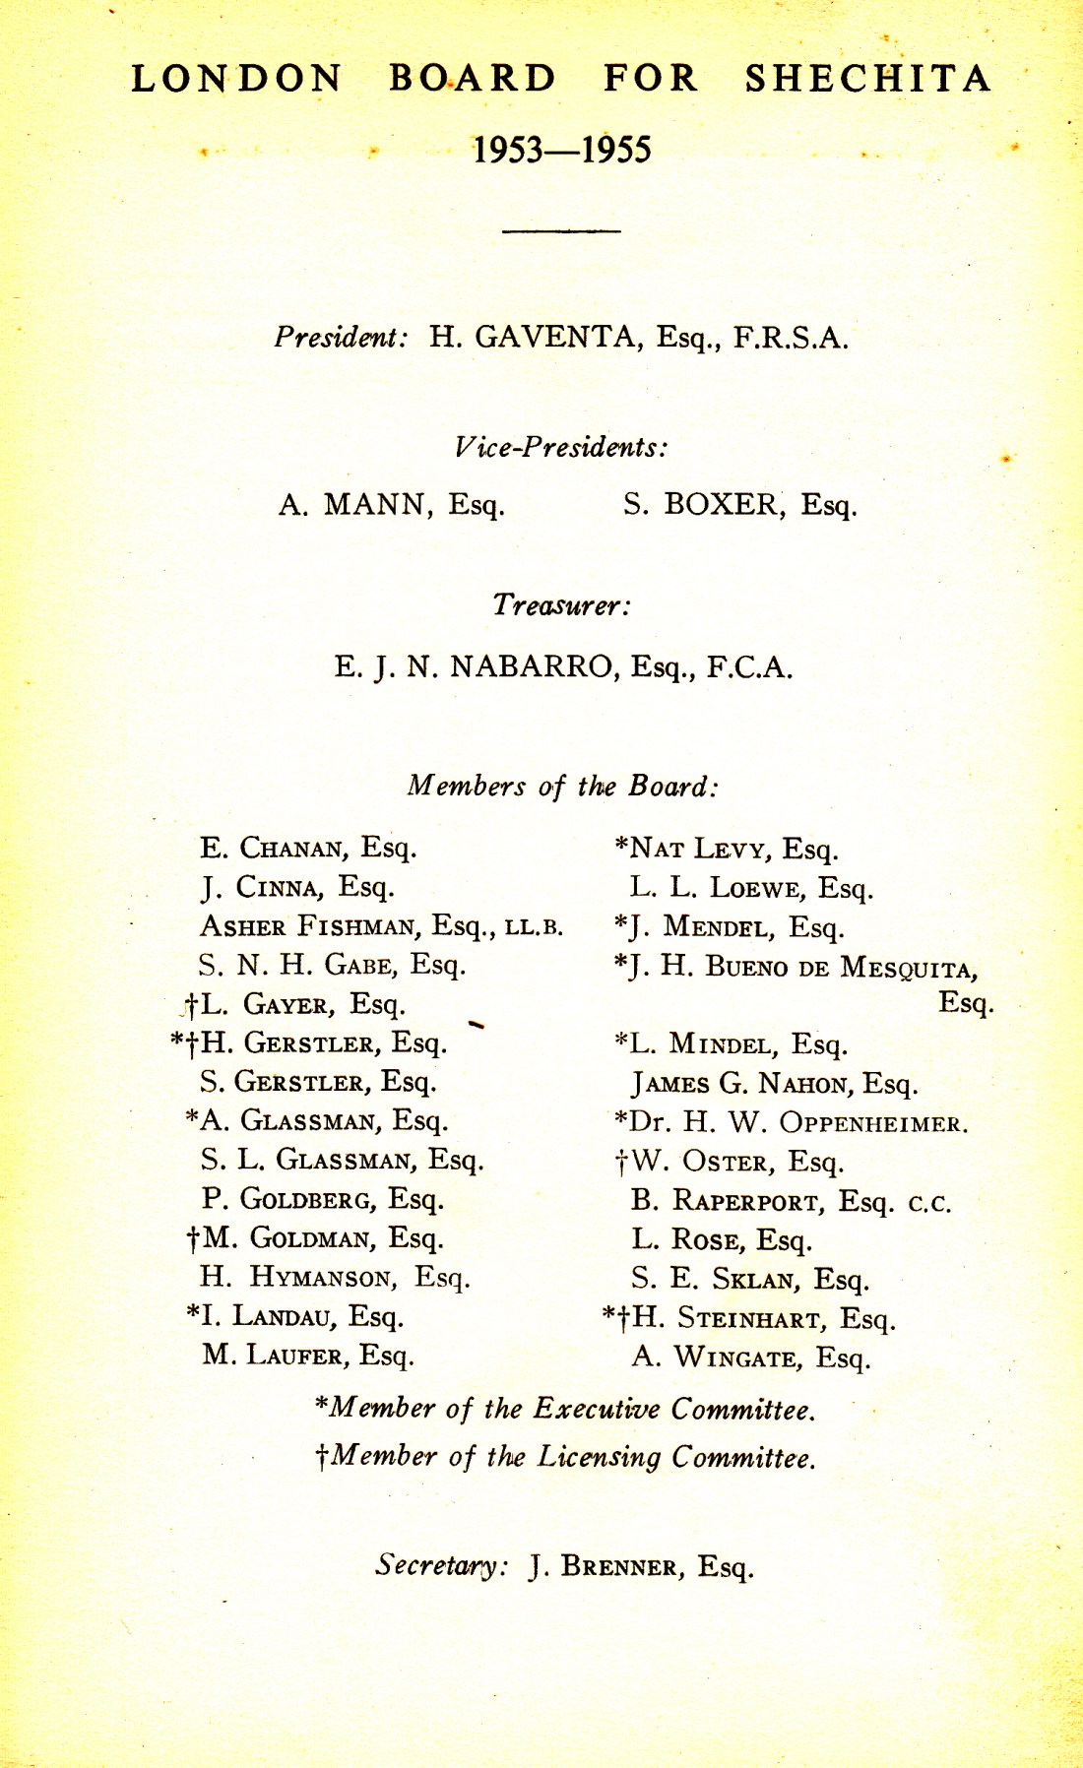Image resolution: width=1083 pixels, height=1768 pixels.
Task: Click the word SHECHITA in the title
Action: (867, 79)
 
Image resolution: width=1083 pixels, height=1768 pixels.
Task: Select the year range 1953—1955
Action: (561, 151)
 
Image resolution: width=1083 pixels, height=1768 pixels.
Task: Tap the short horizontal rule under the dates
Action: (561, 230)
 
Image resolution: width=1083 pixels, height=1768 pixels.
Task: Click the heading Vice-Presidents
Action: (561, 447)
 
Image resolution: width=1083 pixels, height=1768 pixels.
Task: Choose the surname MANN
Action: (379, 505)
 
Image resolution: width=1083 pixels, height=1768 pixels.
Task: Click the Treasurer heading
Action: (561, 604)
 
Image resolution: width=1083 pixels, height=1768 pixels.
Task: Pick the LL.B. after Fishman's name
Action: (534, 927)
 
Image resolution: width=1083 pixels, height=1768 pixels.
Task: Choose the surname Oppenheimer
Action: (873, 1123)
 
